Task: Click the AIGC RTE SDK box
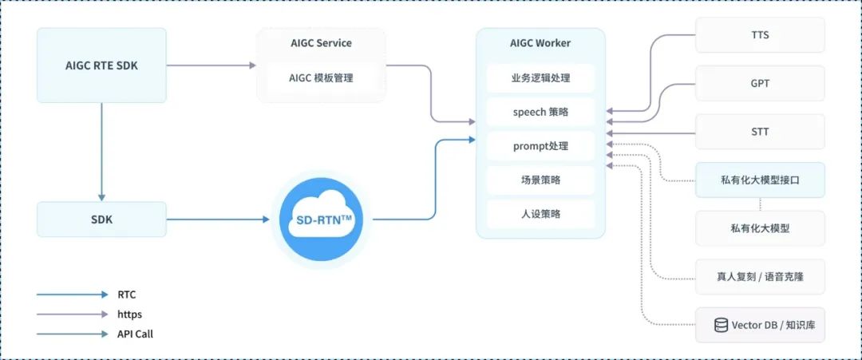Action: [101, 65]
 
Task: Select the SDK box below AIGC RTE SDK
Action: [101, 220]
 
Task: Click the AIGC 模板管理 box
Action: [321, 78]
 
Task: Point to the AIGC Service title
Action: [321, 43]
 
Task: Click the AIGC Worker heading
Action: [540, 43]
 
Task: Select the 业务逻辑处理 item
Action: [540, 78]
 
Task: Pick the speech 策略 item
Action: [540, 113]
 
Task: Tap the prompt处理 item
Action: [540, 146]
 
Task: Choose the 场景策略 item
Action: [540, 180]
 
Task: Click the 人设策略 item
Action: [540, 214]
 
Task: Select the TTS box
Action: [760, 36]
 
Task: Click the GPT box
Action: [760, 83]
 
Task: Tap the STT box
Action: [760, 132]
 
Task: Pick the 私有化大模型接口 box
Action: [760, 180]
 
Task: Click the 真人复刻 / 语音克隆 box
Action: [760, 277]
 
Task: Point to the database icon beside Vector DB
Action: [721, 326]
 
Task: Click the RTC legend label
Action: [127, 295]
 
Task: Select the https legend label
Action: [129, 315]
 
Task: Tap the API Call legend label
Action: [135, 334]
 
